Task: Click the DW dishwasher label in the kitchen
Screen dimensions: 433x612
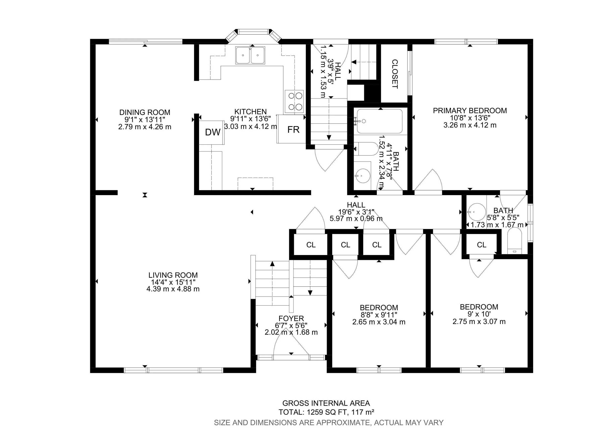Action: [212, 132]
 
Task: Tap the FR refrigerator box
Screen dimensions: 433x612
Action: [293, 130]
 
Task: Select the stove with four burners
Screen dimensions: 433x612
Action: [294, 101]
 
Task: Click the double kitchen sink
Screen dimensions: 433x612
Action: [250, 55]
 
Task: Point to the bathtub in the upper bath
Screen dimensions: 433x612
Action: [380, 121]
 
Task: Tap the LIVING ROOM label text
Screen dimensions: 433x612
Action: [173, 275]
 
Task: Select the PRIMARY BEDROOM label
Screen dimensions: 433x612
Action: [470, 111]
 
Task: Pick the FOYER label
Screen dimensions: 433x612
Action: [291, 318]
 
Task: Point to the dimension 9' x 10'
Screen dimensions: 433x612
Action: [479, 314]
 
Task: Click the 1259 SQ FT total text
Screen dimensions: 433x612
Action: [326, 412]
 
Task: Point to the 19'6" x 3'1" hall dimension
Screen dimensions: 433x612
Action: [356, 212]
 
